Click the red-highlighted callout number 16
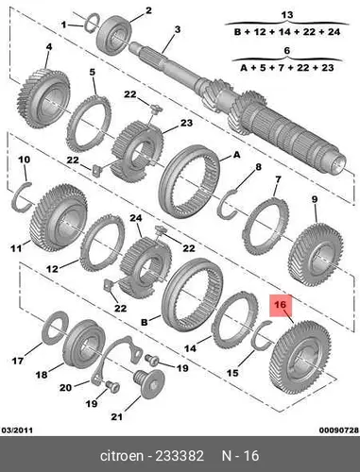point(281,305)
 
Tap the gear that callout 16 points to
point(300,357)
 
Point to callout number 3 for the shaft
point(178,29)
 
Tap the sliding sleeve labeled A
point(190,182)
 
